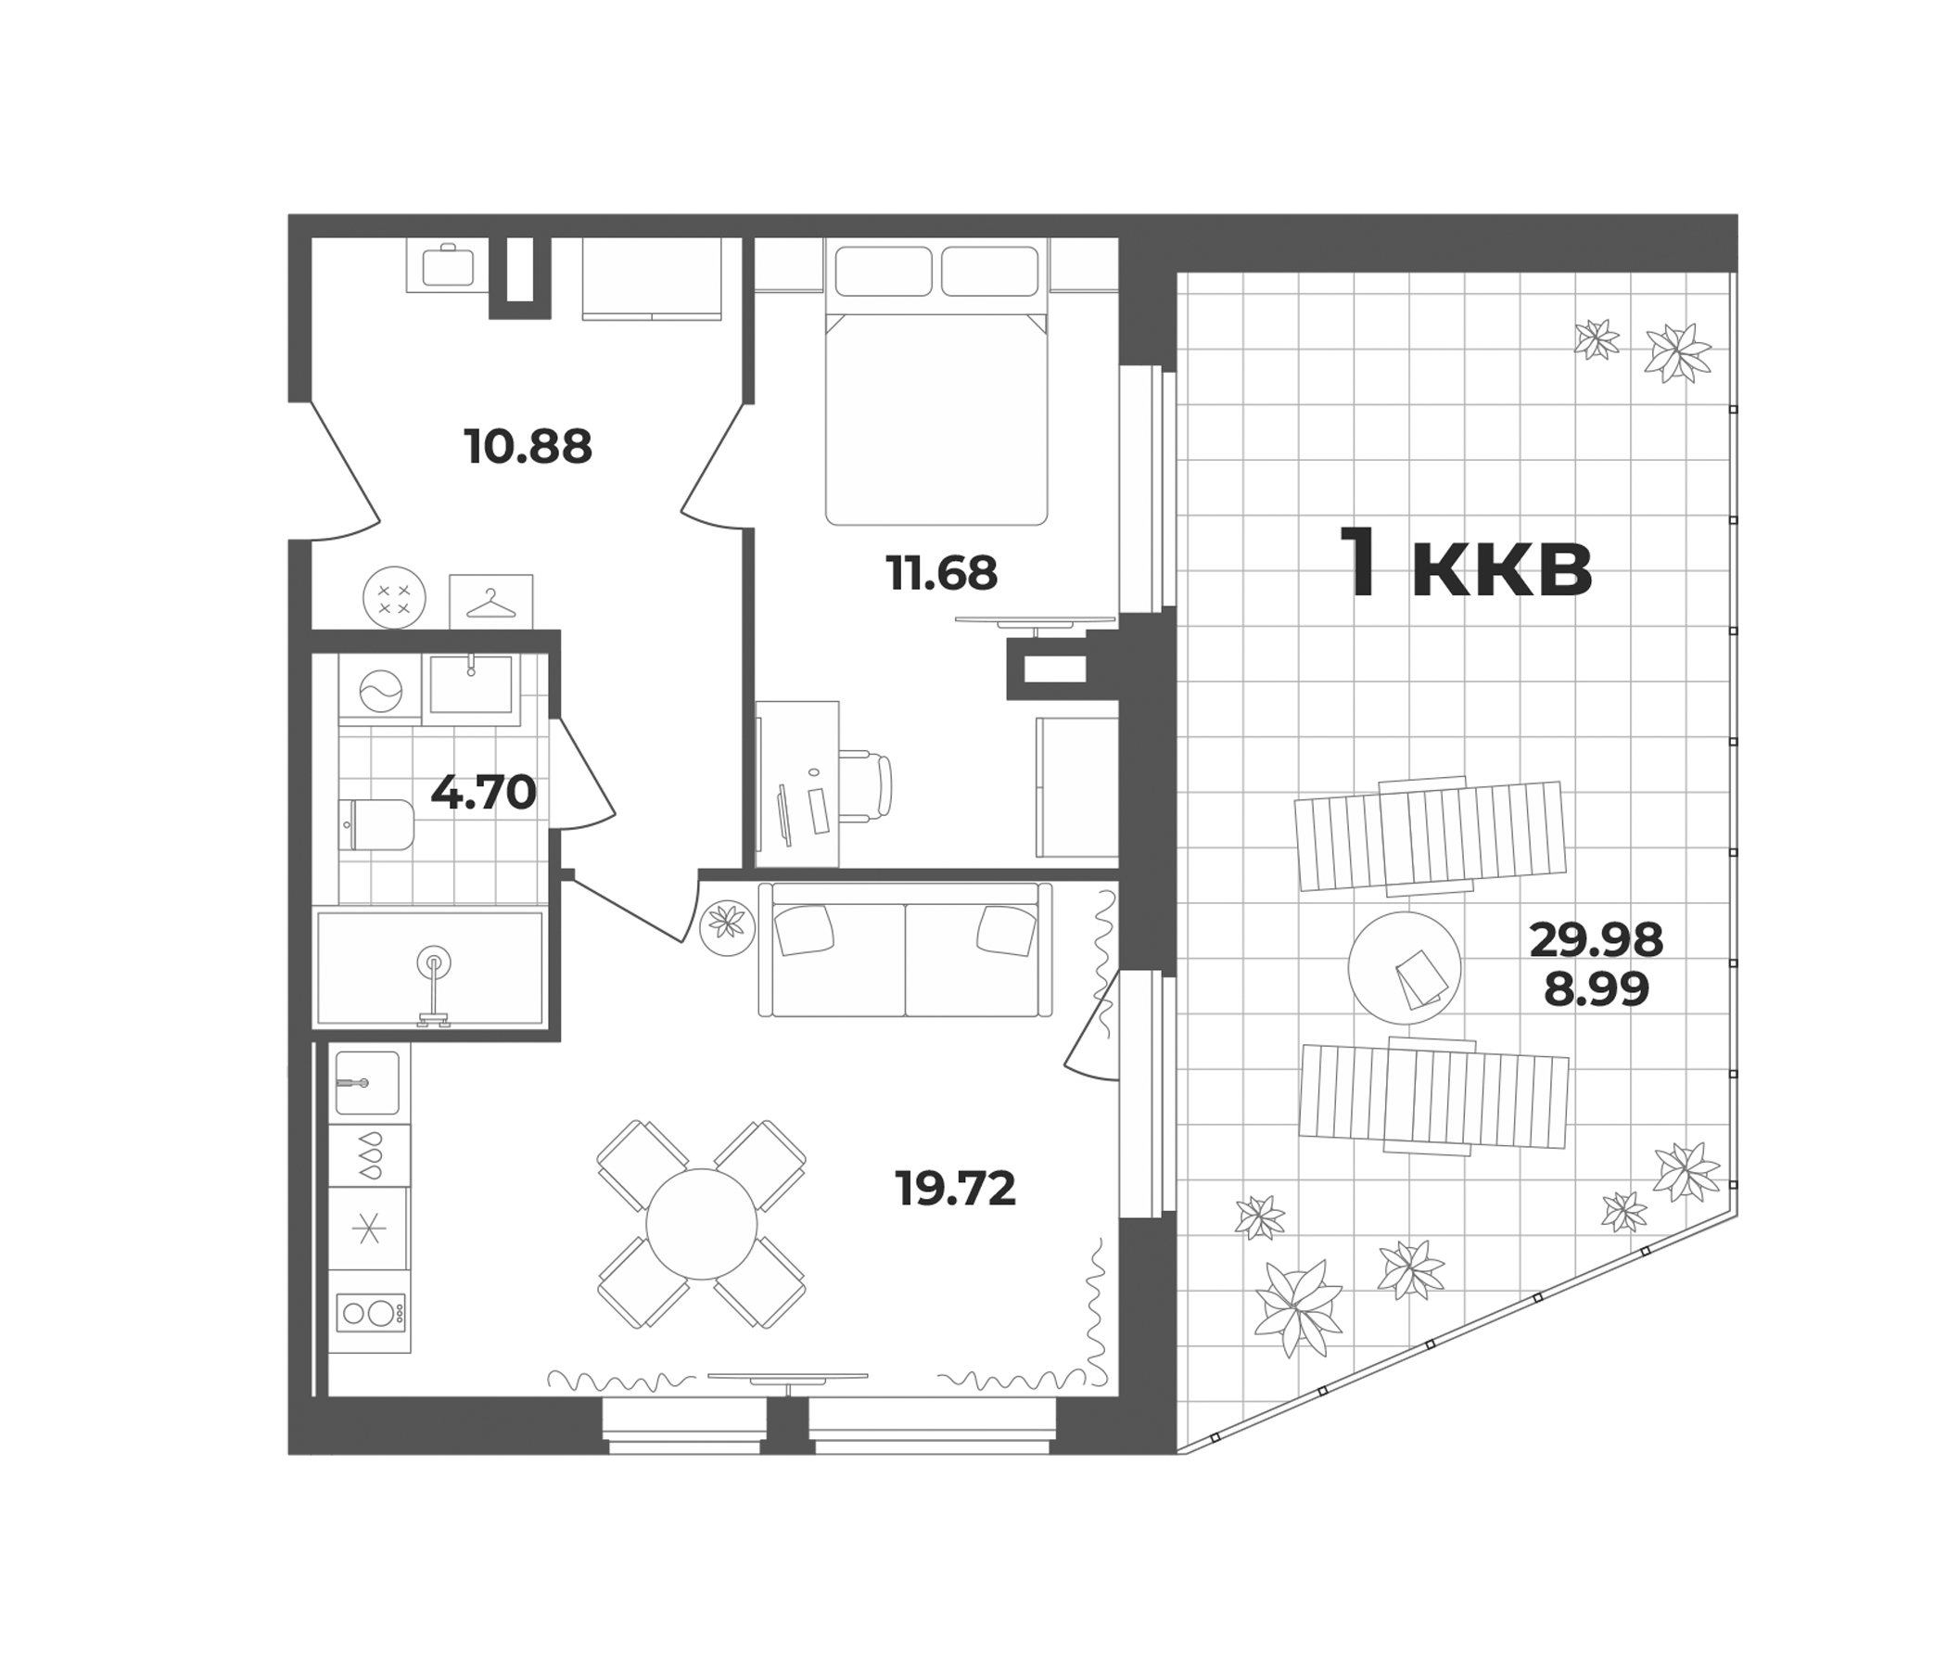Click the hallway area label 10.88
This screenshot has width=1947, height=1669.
528,447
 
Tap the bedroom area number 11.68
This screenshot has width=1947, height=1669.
942,573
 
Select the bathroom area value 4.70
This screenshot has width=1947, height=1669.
483,793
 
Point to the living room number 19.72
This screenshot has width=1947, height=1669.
956,1190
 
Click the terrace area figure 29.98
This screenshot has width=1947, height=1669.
1597,940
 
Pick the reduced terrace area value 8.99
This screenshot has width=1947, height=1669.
1597,988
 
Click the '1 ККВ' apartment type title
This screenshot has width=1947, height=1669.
1466,564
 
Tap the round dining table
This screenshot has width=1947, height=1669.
701,1224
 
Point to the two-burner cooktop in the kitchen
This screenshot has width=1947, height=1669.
369,1312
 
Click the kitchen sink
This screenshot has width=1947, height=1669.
367,1083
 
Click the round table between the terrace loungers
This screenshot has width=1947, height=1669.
1404,968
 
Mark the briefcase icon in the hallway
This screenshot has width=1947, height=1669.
448,265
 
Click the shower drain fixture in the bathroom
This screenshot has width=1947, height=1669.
433,962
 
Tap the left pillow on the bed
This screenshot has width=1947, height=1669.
884,270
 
